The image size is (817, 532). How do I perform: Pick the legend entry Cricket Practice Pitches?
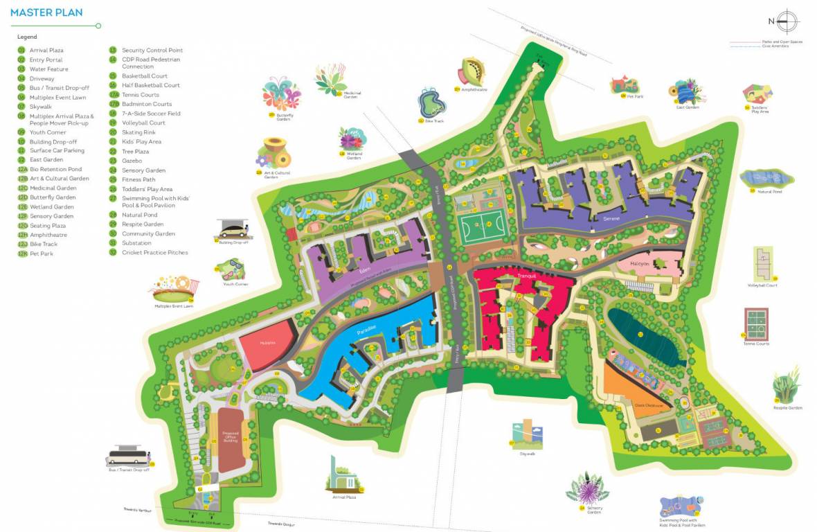pyautogui.click(x=154, y=252)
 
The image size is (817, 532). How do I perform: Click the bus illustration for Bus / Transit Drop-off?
pyautogui.click(x=129, y=455)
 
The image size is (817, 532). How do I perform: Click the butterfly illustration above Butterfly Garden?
pyautogui.click(x=282, y=94)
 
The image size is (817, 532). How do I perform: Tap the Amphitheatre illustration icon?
pyautogui.click(x=469, y=73)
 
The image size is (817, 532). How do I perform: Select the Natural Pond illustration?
pyautogui.click(x=761, y=178)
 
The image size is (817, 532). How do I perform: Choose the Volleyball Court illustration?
pyautogui.click(x=762, y=263)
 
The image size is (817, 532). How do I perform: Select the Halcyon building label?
pyautogui.click(x=639, y=264)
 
